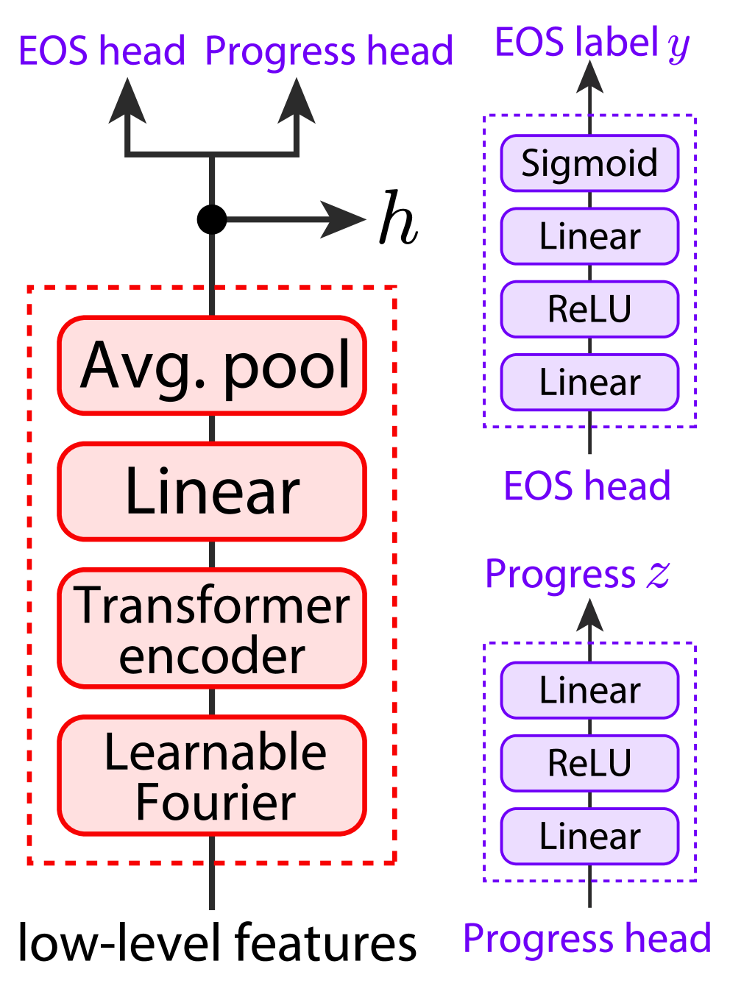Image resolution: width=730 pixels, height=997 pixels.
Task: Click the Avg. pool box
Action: (x=212, y=366)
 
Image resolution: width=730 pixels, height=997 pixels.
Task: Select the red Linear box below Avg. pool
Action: (x=212, y=492)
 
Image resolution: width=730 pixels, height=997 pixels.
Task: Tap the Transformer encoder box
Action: (x=212, y=629)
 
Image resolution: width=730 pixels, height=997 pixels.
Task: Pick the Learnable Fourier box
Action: (x=212, y=776)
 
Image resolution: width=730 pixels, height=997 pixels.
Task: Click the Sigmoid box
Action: (x=589, y=163)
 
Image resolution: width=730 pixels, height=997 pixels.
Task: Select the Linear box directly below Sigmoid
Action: (x=589, y=236)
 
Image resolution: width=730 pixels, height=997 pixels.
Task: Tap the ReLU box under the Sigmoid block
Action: (x=589, y=309)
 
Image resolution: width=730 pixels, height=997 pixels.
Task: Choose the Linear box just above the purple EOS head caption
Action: (x=589, y=383)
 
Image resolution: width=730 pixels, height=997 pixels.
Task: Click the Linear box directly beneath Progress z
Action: (x=589, y=690)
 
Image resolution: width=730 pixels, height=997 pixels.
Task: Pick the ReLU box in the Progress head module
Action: (x=589, y=763)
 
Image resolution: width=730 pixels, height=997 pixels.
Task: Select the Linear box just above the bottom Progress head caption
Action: (x=589, y=837)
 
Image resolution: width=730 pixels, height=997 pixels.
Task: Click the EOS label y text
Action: (x=592, y=43)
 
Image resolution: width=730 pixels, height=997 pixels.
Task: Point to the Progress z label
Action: (x=578, y=575)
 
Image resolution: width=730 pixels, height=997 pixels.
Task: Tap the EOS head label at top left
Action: (x=102, y=52)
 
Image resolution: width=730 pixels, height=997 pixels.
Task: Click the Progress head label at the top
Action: (x=329, y=52)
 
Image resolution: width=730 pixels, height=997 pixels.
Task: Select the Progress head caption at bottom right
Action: (x=587, y=939)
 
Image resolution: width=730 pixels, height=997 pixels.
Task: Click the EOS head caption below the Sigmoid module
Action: (x=587, y=486)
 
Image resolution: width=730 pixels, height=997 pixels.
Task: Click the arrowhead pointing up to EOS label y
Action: (x=589, y=77)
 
